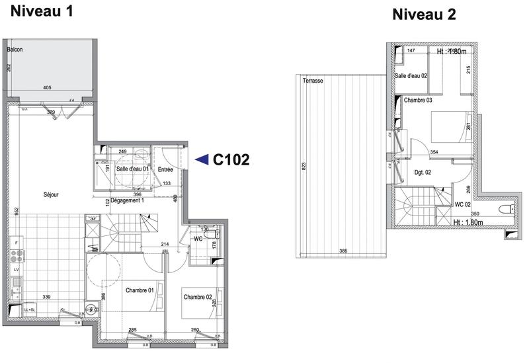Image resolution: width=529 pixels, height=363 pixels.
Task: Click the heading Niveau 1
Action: click(x=39, y=11)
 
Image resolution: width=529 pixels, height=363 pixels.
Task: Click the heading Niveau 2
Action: click(x=424, y=15)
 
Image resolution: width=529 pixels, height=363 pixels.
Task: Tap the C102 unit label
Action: click(x=230, y=159)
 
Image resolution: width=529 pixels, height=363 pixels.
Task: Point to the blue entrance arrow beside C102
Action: click(x=202, y=159)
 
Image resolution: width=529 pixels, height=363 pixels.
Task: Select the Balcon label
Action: click(x=15, y=50)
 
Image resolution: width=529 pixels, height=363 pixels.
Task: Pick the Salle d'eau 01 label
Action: click(x=132, y=170)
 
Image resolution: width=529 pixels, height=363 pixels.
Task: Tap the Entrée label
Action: click(x=165, y=170)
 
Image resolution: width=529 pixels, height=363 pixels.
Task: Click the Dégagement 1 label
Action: click(x=127, y=200)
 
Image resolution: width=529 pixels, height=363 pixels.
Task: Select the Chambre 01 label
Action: click(x=140, y=289)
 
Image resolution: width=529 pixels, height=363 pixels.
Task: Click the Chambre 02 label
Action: click(x=198, y=296)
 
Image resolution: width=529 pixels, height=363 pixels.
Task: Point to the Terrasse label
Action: click(x=313, y=80)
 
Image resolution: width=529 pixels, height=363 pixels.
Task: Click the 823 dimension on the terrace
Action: click(x=304, y=165)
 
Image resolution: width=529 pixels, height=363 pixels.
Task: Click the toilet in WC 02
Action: click(x=505, y=210)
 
